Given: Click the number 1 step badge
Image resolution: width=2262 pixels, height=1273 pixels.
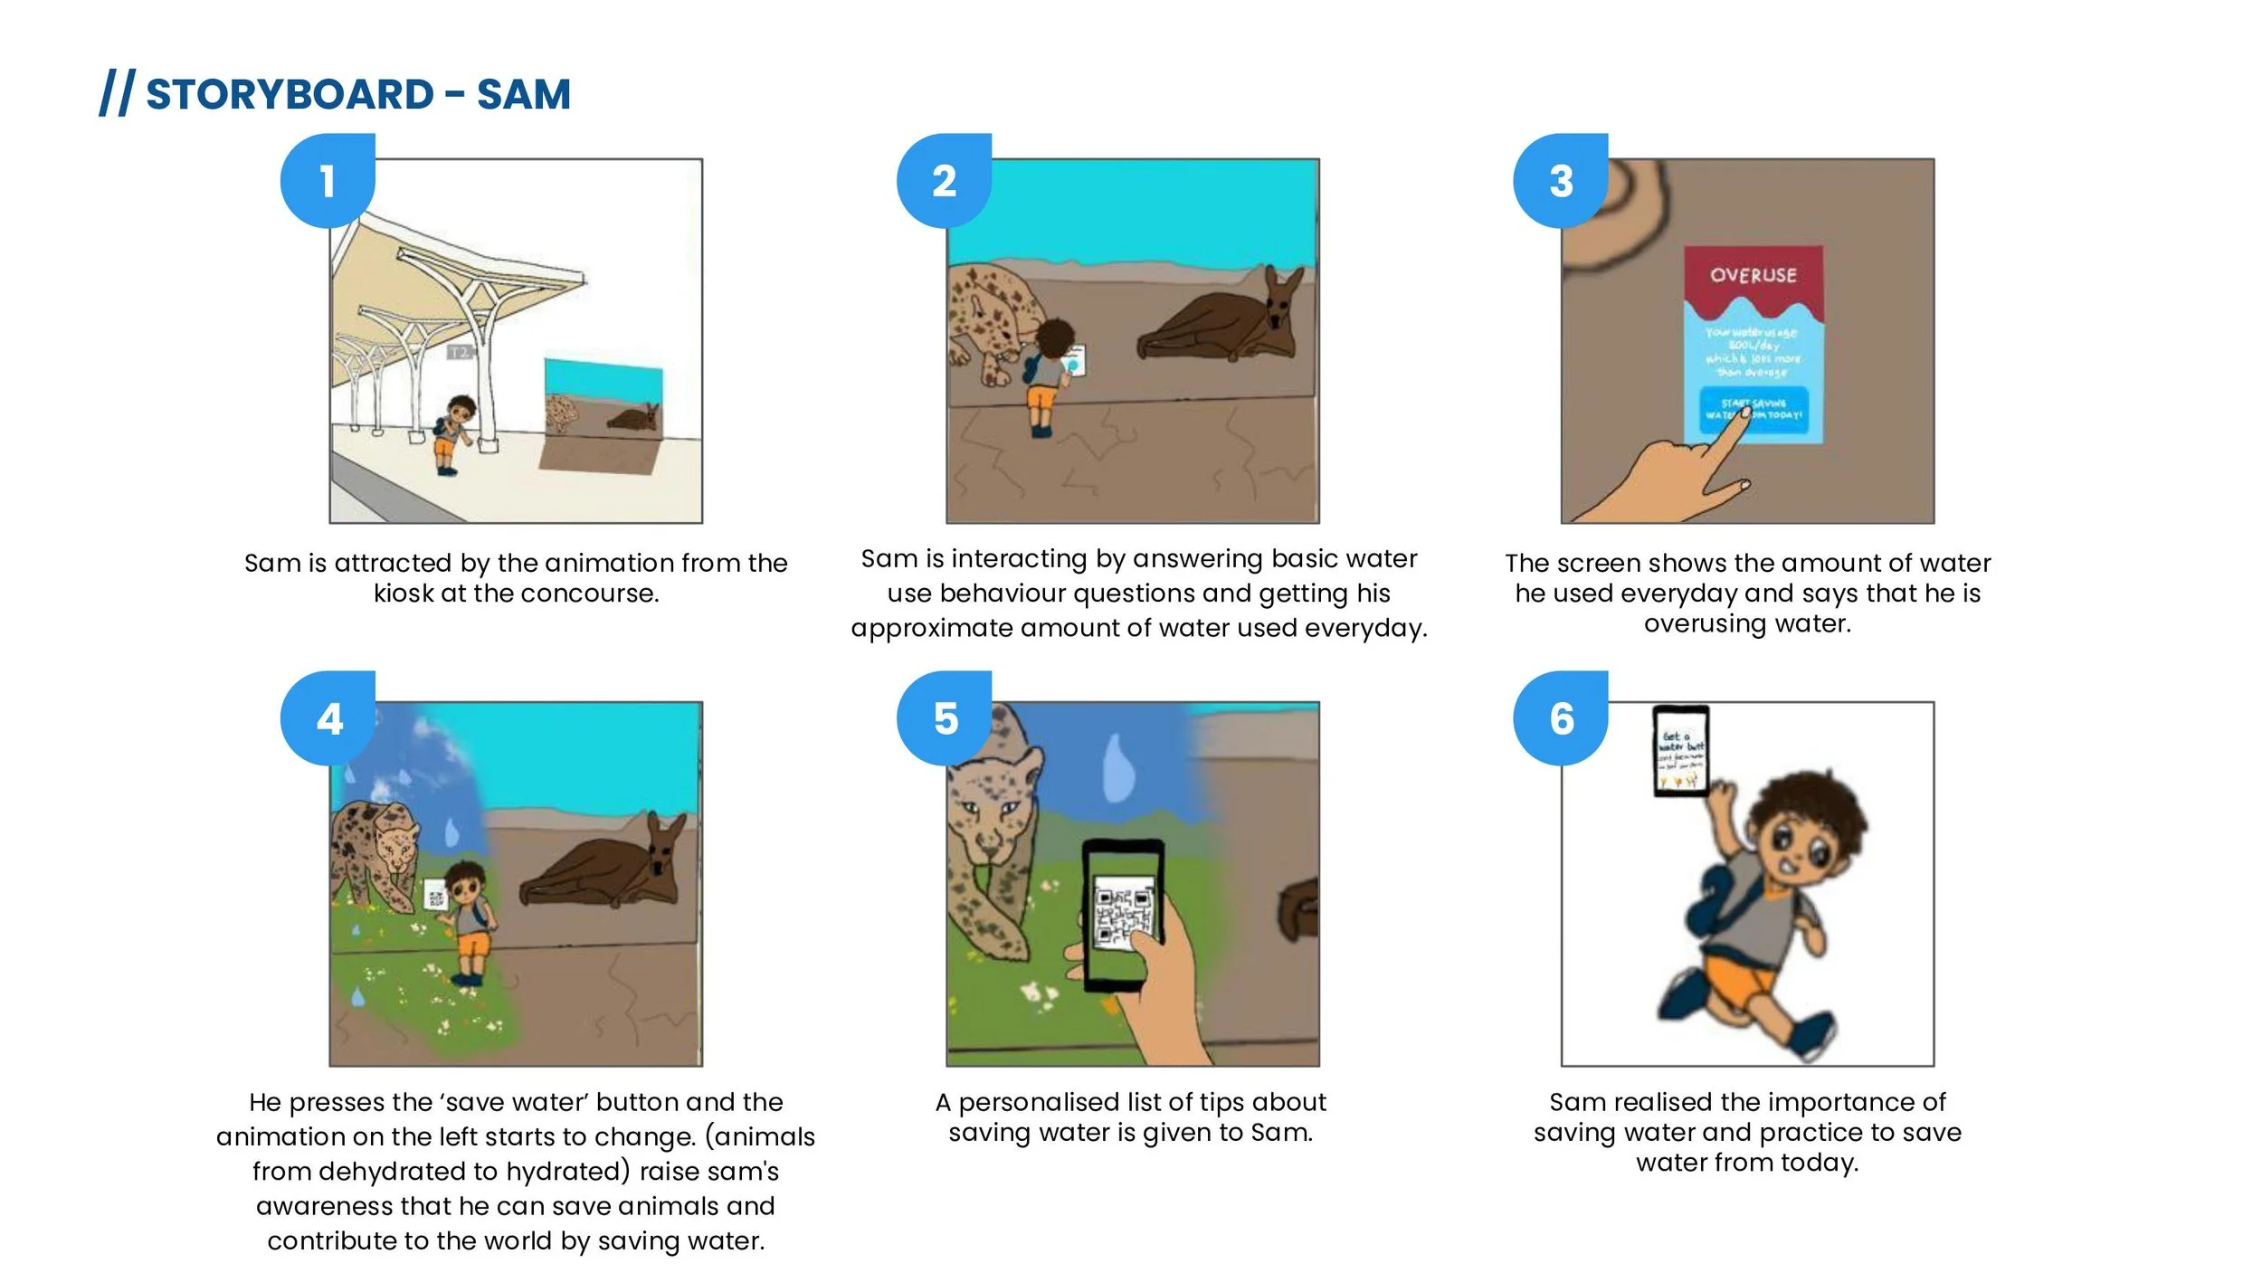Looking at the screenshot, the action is click(x=328, y=180).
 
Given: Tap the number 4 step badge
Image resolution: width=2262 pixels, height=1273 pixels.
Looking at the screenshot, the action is click(x=328, y=718).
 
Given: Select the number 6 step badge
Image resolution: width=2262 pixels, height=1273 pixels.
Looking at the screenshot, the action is click(x=1561, y=718).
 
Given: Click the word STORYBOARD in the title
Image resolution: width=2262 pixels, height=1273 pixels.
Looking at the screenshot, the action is click(x=290, y=94).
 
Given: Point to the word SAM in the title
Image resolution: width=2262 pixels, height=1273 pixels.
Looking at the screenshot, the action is click(x=524, y=94).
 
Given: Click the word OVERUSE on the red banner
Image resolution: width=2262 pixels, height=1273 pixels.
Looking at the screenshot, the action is click(x=1753, y=275).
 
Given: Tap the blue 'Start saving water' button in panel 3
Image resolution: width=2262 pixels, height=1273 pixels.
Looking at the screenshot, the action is click(x=1753, y=410).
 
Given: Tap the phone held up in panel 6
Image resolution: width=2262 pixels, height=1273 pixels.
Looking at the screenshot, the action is click(x=1680, y=751).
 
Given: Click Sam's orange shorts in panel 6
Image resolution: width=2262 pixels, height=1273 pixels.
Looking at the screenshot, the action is click(x=1737, y=982).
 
